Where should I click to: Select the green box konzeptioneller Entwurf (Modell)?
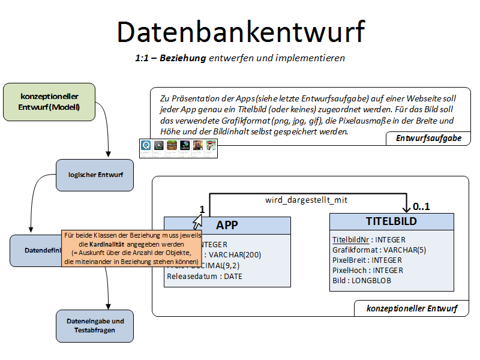[49, 101]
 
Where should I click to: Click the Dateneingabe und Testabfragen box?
[95, 325]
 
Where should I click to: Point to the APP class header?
[227, 225]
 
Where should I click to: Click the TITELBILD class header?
[391, 221]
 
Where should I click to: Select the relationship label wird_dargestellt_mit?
[306, 200]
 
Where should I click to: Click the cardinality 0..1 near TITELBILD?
[422, 207]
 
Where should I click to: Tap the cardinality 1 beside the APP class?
[202, 210]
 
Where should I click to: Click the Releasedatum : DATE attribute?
[205, 277]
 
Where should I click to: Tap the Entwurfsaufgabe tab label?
[428, 139]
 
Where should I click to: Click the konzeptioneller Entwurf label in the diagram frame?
[412, 309]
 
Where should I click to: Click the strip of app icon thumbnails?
[177, 148]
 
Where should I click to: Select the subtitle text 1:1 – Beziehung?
[170, 58]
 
